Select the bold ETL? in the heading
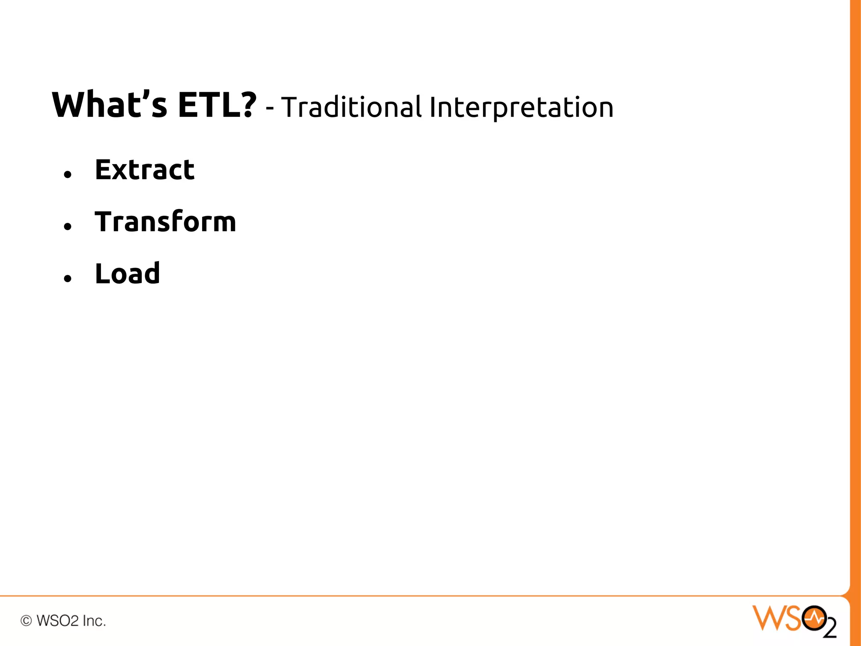point(217,105)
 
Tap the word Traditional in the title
point(351,107)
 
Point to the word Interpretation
point(521,108)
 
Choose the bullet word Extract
point(145,170)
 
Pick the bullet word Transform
point(165,222)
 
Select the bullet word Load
point(127,273)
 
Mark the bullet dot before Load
point(68,278)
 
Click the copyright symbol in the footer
point(26,621)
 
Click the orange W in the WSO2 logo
point(768,618)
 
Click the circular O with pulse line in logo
point(814,618)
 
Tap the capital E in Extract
point(104,170)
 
